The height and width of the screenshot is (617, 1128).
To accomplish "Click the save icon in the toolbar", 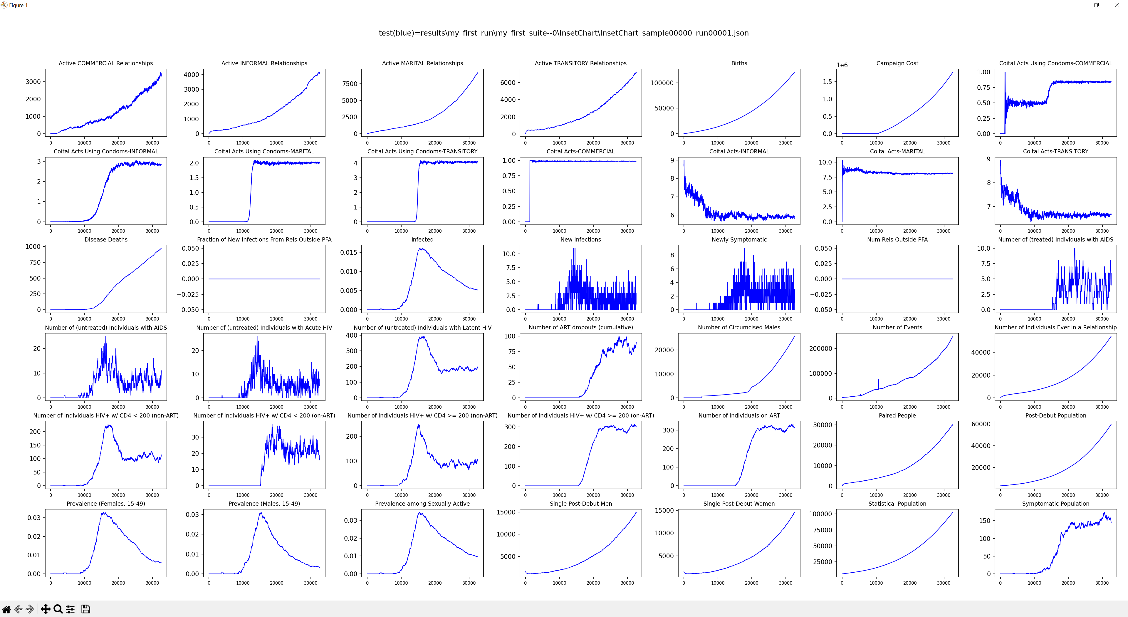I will [x=86, y=609].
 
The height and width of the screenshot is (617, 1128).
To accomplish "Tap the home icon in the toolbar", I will [x=6, y=609].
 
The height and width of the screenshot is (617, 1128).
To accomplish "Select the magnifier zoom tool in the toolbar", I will [x=58, y=609].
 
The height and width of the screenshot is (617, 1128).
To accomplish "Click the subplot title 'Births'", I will [x=739, y=63].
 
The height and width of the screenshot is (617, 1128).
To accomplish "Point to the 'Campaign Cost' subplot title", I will [x=897, y=63].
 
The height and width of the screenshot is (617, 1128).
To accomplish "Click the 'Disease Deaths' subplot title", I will [x=106, y=239].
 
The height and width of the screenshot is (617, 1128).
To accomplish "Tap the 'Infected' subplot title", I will [x=422, y=239].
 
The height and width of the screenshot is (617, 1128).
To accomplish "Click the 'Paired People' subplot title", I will [x=897, y=415].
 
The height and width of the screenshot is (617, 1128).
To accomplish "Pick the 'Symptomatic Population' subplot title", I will [x=1055, y=504].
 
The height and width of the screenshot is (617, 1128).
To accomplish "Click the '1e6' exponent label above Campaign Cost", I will [x=842, y=65].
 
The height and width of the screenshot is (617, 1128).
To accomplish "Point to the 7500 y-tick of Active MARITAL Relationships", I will [x=350, y=84].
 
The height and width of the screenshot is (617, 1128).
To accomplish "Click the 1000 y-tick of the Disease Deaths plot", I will [x=33, y=247].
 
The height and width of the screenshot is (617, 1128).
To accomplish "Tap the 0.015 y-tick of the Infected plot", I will [x=349, y=252].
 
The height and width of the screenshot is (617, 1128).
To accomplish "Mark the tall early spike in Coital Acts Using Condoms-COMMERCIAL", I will [x=1005, y=73].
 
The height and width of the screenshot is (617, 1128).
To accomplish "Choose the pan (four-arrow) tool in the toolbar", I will [x=45, y=609].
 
